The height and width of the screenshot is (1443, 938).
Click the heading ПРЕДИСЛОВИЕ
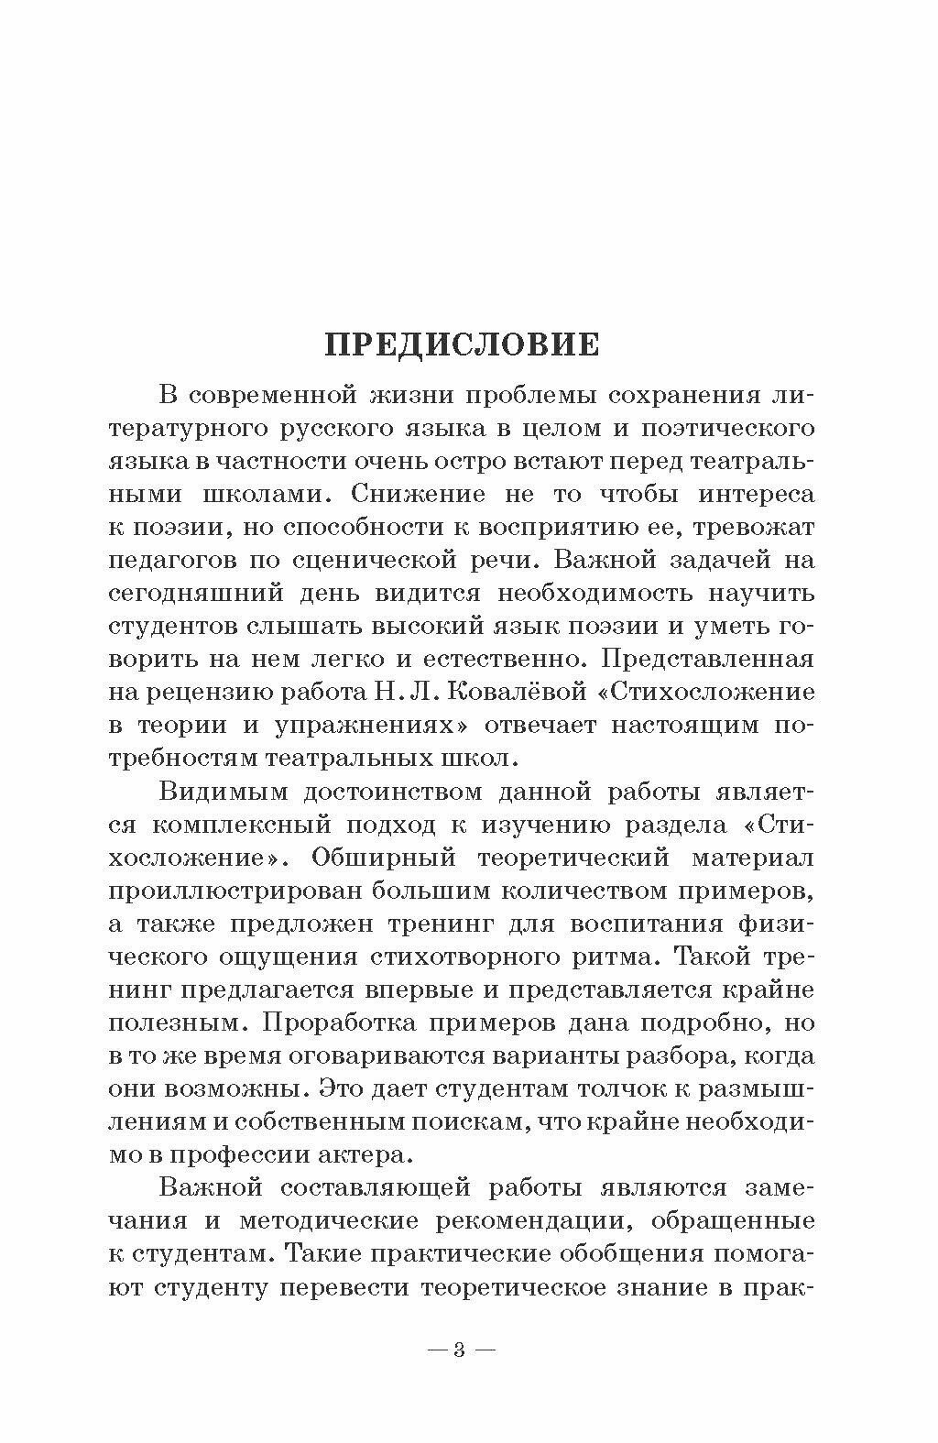463,344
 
